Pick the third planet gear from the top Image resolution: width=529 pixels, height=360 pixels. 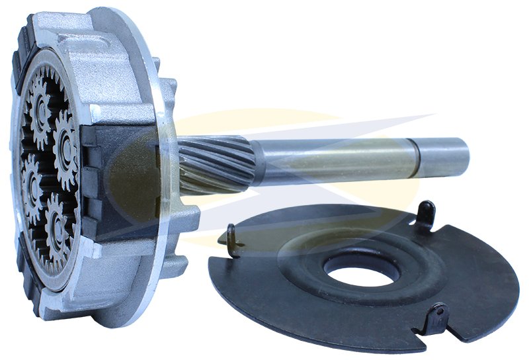tap(34, 181)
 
